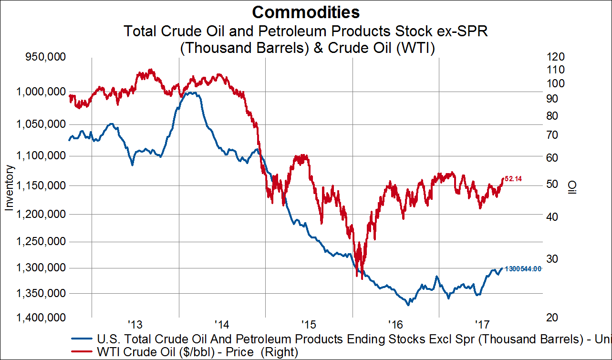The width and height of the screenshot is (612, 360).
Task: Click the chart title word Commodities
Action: click(306, 11)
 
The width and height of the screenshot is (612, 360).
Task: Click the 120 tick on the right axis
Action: click(557, 57)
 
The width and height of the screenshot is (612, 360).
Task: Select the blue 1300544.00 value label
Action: click(523, 269)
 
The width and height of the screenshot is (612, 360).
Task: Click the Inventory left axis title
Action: click(9, 187)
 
